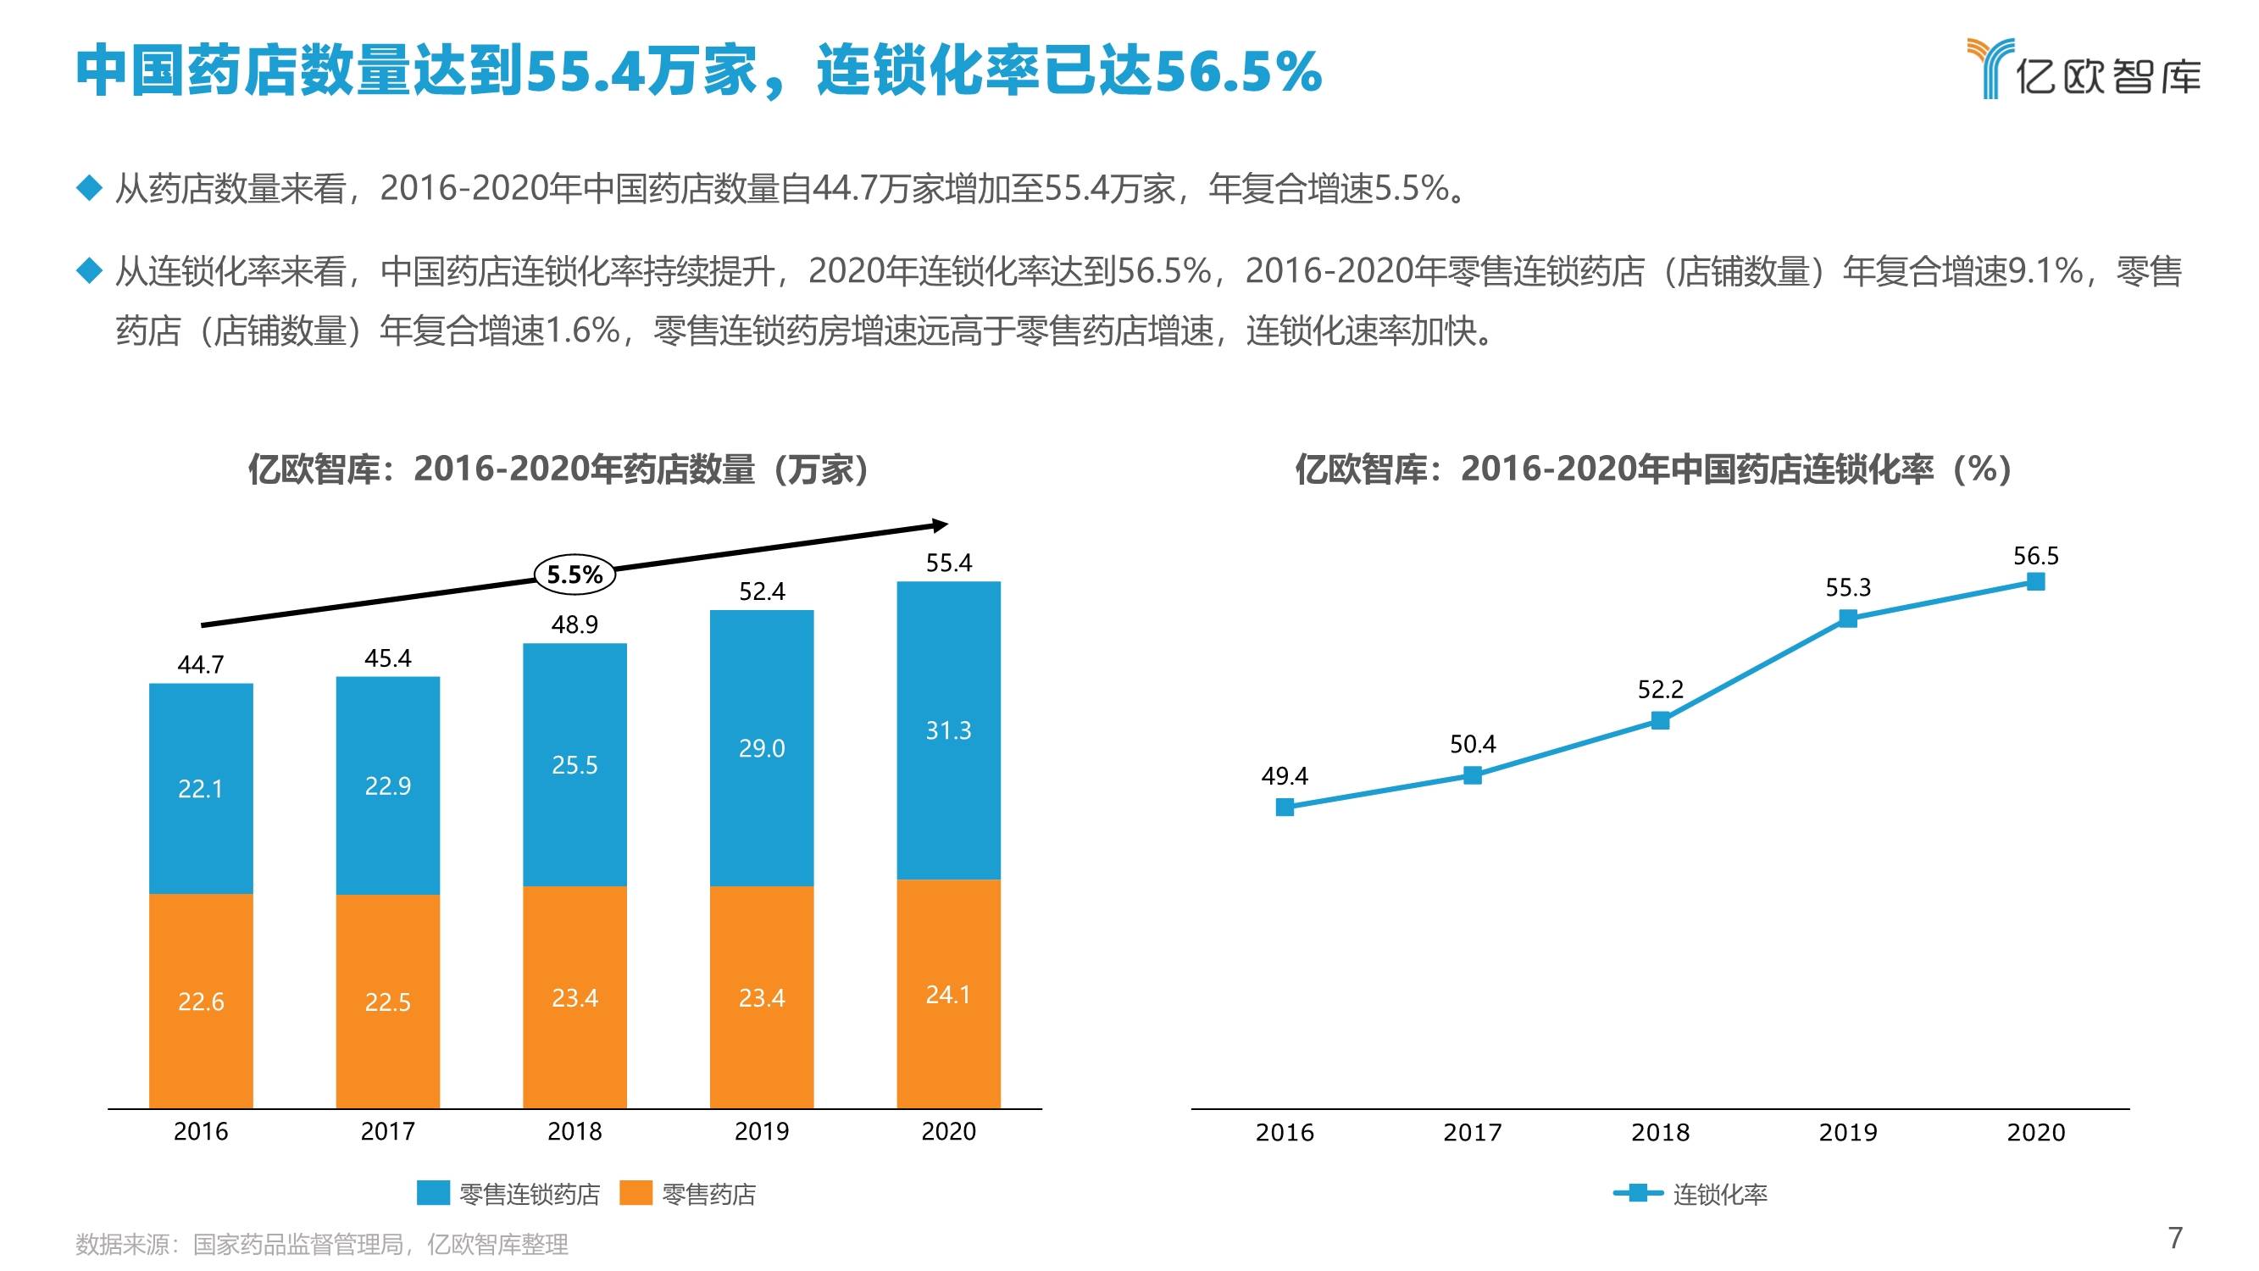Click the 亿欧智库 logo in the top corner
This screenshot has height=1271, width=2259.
click(2084, 69)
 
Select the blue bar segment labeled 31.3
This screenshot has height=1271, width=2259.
click(948, 730)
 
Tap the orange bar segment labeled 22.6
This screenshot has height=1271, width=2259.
click(201, 1001)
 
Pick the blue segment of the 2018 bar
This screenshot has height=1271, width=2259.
click(574, 765)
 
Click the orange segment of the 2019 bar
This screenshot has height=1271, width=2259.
click(761, 997)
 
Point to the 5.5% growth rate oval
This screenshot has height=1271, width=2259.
click(574, 574)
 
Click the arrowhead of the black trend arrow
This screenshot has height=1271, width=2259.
click(939, 525)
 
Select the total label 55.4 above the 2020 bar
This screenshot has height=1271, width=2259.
click(949, 563)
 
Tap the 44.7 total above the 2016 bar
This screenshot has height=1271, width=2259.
click(201, 664)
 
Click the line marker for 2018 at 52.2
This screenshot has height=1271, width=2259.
click(1660, 720)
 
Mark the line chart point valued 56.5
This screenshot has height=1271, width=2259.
click(2036, 581)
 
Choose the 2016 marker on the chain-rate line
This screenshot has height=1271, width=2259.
click(1285, 807)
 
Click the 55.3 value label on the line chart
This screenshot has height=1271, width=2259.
click(1848, 587)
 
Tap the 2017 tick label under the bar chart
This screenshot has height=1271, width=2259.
click(387, 1131)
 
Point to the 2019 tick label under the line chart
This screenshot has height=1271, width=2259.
click(1848, 1132)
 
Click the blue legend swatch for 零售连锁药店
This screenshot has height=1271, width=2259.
click(433, 1193)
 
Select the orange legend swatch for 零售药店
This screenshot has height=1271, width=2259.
click(636, 1193)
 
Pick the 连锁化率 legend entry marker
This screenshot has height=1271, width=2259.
click(1637, 1193)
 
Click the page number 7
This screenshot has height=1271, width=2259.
click(2175, 1238)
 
